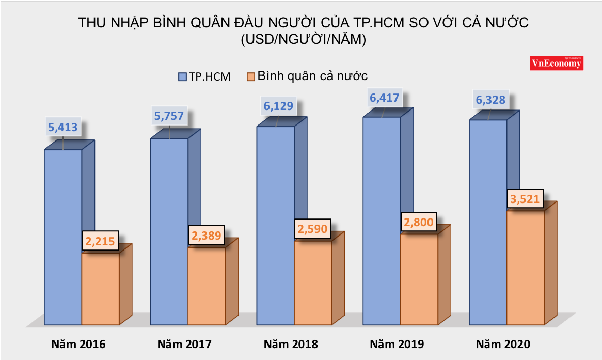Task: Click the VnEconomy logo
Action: pos(557,63)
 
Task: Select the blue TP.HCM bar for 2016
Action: pos(63,238)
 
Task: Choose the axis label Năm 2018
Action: pos(291,344)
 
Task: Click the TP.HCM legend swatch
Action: pos(182,76)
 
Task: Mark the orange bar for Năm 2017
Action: pos(207,286)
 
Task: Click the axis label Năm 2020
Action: pos(503,344)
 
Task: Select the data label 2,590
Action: pos(313,229)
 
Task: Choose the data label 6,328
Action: pos(487,99)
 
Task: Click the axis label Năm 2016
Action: pos(78,344)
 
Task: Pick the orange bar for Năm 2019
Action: pos(419,279)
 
